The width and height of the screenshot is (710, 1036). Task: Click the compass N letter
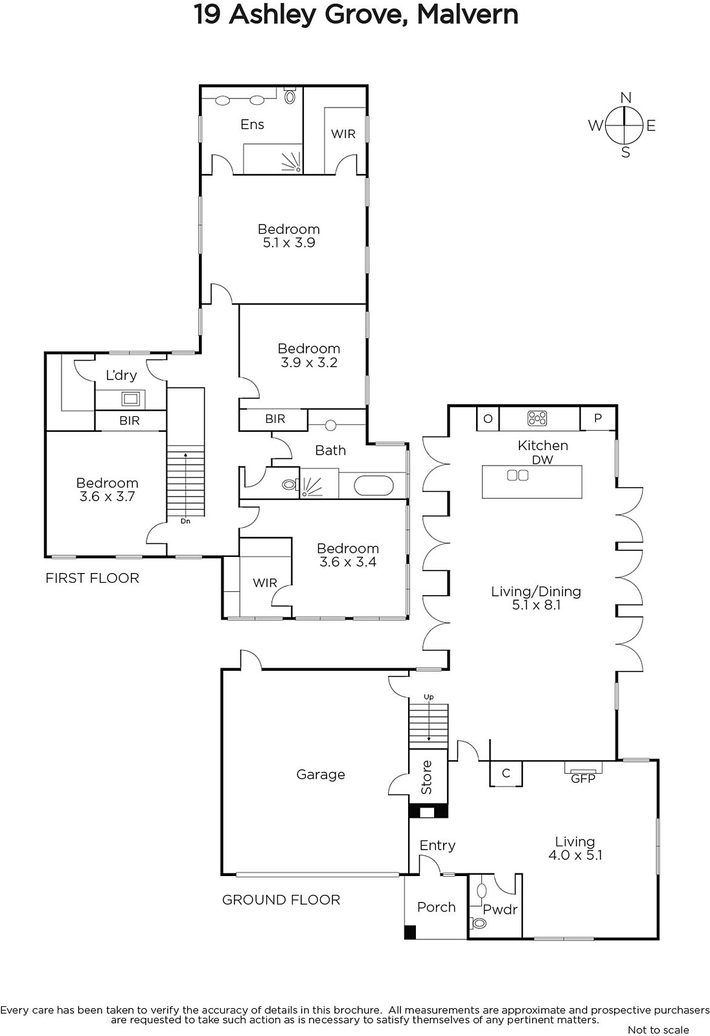[625, 98]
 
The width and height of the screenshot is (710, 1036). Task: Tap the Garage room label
[320, 774]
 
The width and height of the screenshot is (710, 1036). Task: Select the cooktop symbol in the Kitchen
[537, 418]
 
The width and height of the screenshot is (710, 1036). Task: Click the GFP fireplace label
[583, 779]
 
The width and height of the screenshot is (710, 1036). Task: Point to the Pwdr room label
[500, 910]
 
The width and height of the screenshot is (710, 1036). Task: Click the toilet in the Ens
[290, 96]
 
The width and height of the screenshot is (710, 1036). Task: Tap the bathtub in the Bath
[374, 486]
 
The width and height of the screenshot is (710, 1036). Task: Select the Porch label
[436, 907]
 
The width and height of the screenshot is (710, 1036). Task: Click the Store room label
[427, 777]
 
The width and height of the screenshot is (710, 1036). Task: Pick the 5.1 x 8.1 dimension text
[536, 605]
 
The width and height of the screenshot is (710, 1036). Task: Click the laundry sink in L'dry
[131, 399]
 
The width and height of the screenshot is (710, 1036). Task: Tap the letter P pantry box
[597, 418]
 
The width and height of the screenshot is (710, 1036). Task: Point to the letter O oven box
[488, 418]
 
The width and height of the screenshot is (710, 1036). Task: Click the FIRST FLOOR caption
[92, 578]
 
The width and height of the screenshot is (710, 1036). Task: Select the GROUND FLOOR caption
[281, 899]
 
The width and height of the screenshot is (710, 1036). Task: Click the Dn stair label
[185, 521]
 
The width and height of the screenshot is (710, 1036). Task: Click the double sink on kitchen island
[518, 475]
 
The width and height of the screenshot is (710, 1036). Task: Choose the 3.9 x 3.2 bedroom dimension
[309, 363]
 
